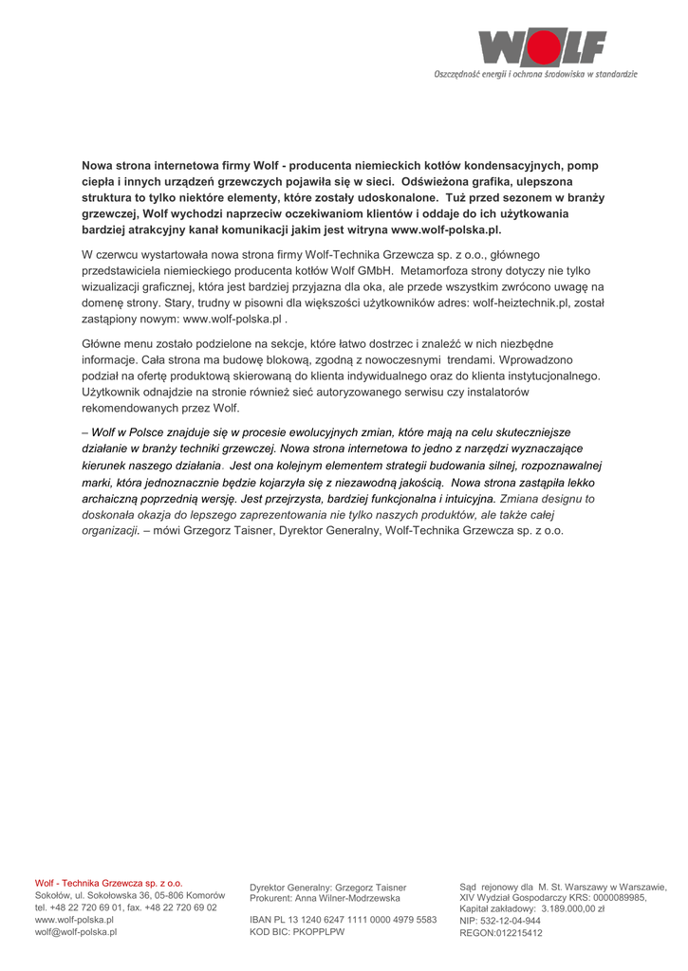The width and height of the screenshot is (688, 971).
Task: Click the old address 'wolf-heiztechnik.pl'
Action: coord(521,302)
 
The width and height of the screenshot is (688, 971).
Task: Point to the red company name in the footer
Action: coord(108,883)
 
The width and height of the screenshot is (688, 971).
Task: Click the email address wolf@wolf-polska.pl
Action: coord(76,932)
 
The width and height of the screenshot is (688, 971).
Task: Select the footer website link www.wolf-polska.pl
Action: coord(74,920)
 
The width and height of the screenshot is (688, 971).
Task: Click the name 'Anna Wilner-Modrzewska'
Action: coord(347,898)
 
